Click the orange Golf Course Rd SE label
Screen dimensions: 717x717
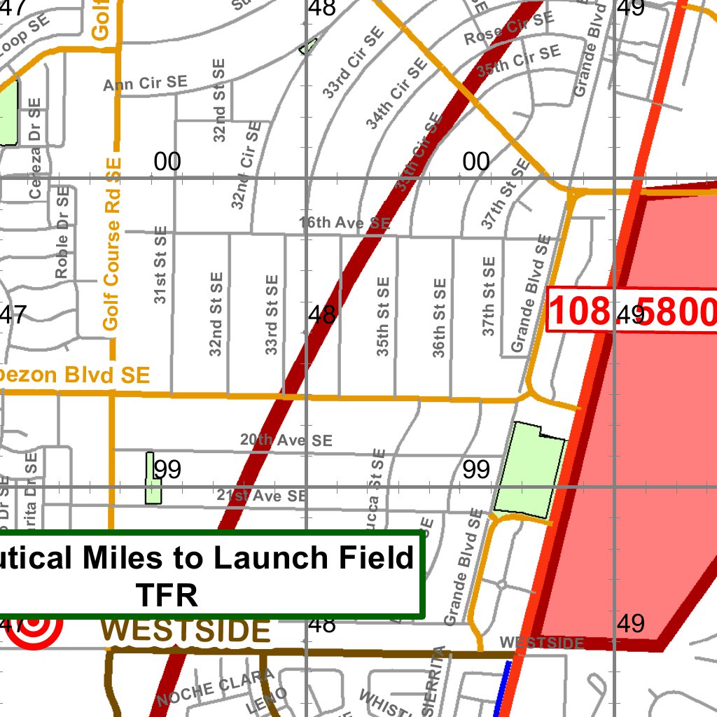(x=112, y=244)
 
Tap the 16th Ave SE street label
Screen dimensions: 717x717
(x=344, y=223)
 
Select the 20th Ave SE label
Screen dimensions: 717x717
(x=286, y=440)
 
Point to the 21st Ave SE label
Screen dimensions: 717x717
(x=261, y=496)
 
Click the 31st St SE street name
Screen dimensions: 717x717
(x=160, y=265)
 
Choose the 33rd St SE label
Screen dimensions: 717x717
(x=272, y=314)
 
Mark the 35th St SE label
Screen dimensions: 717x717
(x=383, y=316)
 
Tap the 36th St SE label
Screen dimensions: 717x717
(x=439, y=318)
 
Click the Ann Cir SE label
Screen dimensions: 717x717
(x=146, y=83)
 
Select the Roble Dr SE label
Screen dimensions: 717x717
(x=63, y=232)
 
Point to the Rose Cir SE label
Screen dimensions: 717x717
(x=504, y=28)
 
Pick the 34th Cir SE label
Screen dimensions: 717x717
(x=396, y=94)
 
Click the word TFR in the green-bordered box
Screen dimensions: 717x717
(x=167, y=595)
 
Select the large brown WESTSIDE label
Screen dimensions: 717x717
(x=186, y=631)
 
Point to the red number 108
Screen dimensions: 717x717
(x=579, y=311)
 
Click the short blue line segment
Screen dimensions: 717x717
(x=502, y=690)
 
